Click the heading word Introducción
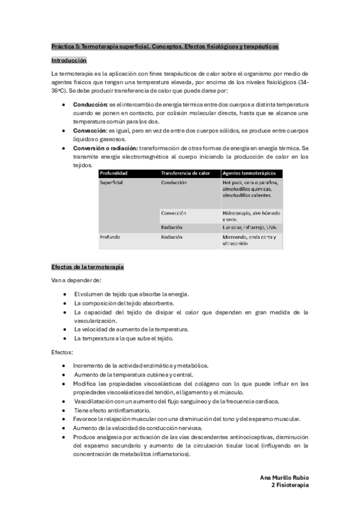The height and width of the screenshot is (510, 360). point(69,61)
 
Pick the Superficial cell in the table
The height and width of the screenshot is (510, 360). point(111,183)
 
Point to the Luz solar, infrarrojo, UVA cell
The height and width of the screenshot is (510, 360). point(249,228)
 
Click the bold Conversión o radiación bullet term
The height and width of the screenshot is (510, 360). point(106,148)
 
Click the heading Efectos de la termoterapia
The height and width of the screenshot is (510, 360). point(88,266)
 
